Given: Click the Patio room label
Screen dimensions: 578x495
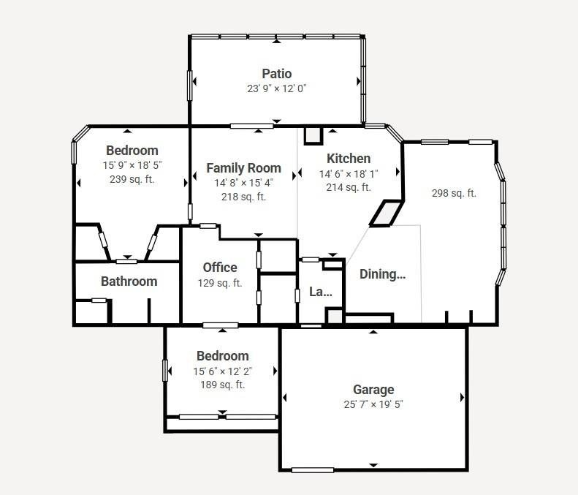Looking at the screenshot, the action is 277,74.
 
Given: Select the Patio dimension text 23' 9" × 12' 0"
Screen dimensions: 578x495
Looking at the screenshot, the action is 277,88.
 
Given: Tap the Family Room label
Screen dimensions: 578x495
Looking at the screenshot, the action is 243,168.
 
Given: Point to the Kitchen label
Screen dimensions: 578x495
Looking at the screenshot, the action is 349,159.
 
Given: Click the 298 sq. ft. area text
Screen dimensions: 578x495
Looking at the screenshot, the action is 455,193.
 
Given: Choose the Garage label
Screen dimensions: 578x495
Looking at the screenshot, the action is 373,390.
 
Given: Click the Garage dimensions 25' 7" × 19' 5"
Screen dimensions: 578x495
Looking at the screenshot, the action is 373,404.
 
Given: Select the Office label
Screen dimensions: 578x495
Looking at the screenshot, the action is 220,268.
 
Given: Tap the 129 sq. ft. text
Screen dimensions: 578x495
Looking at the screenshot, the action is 220,283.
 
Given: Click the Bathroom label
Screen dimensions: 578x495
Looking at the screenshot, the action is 129,281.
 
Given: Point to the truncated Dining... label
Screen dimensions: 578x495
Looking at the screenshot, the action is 383,274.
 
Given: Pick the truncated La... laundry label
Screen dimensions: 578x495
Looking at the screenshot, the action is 321,292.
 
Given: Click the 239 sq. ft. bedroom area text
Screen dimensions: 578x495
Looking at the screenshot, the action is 132,179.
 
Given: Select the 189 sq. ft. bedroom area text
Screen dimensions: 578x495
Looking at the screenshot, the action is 223,385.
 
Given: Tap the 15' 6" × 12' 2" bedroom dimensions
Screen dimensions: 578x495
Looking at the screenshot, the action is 223,371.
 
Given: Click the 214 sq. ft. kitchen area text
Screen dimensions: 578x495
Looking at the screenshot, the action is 349,187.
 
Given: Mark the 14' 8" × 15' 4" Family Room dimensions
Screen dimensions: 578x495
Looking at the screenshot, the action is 243,183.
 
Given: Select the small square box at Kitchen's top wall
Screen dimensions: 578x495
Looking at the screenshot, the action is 313,135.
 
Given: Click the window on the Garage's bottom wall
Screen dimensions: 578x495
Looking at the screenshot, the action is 313,470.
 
